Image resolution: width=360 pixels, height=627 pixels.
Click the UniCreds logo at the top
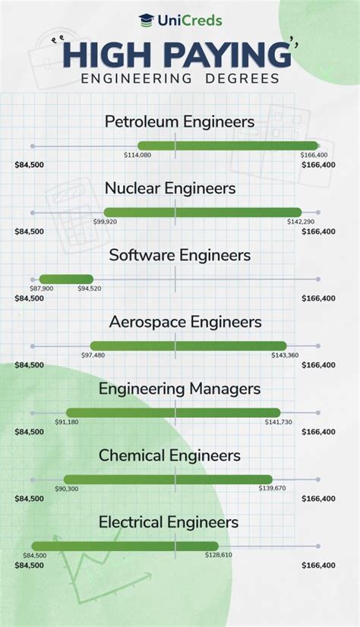click(x=180, y=20)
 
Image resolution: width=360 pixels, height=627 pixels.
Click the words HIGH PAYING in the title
click(x=177, y=55)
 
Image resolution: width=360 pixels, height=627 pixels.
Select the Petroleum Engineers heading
click(x=179, y=121)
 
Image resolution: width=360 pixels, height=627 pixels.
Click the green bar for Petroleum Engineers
click(x=228, y=146)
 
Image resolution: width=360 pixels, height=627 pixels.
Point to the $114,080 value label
click(x=137, y=155)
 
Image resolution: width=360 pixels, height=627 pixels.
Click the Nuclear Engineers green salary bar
click(x=202, y=213)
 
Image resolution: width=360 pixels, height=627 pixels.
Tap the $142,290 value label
click(x=300, y=222)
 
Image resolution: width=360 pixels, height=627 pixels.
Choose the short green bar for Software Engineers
click(x=66, y=279)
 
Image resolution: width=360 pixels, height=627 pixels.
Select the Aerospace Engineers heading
click(x=185, y=322)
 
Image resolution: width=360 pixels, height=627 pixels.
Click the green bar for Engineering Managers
click(x=173, y=413)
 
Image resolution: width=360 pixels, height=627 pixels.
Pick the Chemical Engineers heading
click(x=180, y=455)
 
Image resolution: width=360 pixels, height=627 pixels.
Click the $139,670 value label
click(x=271, y=489)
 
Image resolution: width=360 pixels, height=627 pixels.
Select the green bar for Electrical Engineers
click(x=125, y=546)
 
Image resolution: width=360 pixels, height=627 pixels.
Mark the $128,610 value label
click(x=218, y=556)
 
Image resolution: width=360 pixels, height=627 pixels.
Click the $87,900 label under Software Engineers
click(x=42, y=288)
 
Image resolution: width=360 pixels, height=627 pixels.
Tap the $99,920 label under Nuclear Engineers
click(x=105, y=222)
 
